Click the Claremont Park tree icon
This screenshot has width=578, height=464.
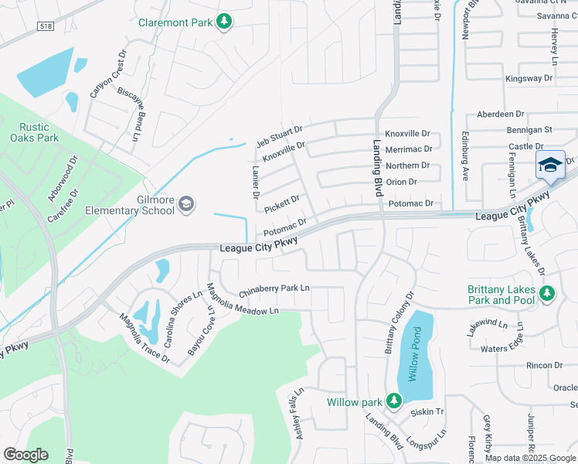[x=224, y=22]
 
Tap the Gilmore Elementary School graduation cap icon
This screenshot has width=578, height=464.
[x=185, y=204]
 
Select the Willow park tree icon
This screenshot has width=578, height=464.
[x=394, y=401]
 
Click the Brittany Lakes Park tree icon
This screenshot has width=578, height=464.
[x=547, y=293]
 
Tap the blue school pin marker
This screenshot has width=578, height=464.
[x=549, y=165]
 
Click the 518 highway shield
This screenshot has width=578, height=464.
[x=46, y=26]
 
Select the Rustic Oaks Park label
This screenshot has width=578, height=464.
[x=34, y=132]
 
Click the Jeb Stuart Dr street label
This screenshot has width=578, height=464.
[x=280, y=135]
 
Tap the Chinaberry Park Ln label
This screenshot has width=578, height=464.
[x=274, y=289]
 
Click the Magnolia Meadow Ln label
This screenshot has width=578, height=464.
[x=241, y=301]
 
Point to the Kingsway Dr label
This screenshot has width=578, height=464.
[x=529, y=78]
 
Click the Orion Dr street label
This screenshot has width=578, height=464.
[x=401, y=182]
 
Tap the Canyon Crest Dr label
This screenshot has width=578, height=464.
[x=107, y=76]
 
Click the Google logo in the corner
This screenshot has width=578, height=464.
[x=25, y=455]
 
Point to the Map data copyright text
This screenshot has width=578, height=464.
[x=531, y=458]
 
